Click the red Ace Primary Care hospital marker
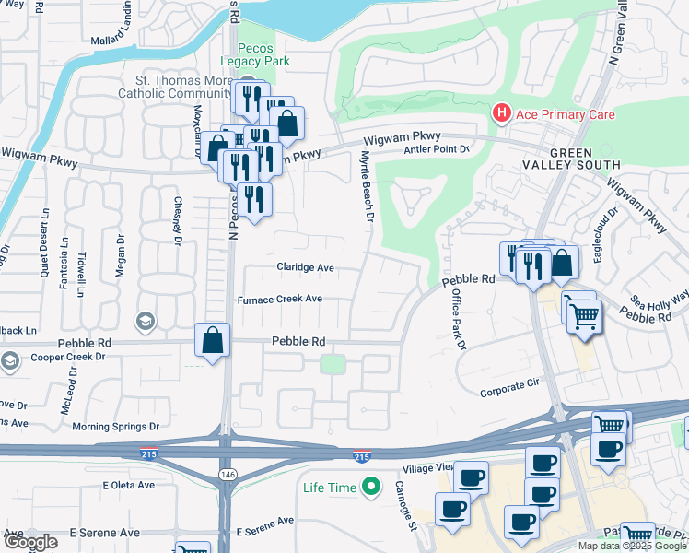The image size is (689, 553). click(501, 114)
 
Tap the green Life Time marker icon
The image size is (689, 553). click(371, 485)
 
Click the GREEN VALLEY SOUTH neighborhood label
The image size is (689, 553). click(585, 158)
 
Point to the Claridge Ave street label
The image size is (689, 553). click(305, 268)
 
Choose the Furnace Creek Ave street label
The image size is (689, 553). click(280, 300)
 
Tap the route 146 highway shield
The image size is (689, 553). click(225, 474)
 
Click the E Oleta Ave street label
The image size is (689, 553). click(130, 485)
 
